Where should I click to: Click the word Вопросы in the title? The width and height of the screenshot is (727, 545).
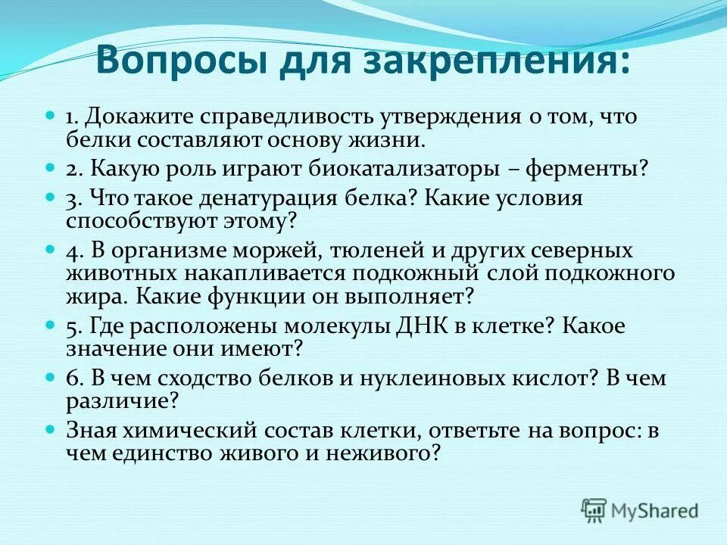[x=179, y=60]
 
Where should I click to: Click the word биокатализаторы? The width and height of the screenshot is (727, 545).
[x=401, y=168]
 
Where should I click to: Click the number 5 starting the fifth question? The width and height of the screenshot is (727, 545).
[x=72, y=327]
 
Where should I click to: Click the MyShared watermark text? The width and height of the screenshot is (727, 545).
[x=654, y=510]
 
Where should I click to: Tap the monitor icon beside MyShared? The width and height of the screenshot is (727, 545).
[x=594, y=509]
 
